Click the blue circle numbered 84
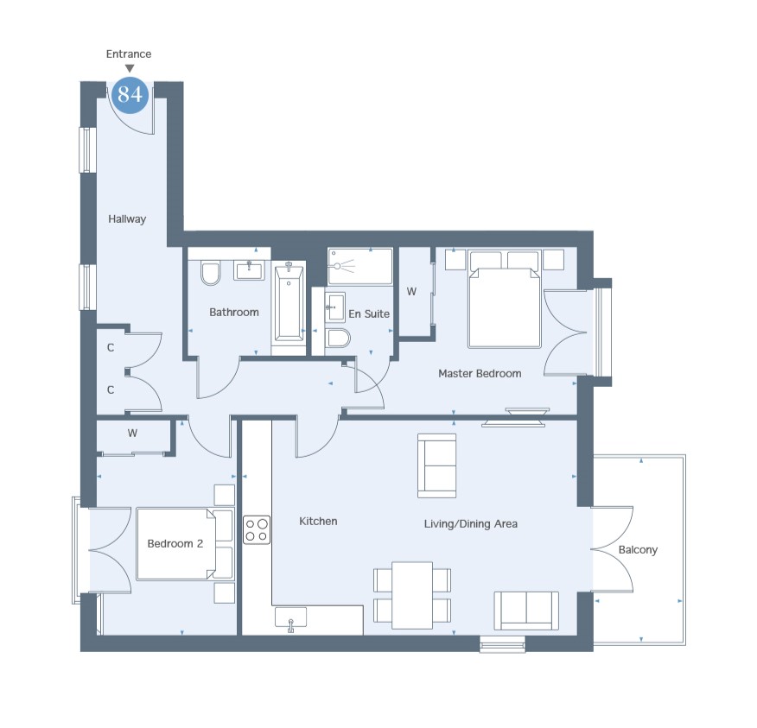pyautogui.click(x=130, y=94)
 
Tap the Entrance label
pyautogui.click(x=129, y=54)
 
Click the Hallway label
pyautogui.click(x=127, y=219)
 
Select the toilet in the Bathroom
pyautogui.click(x=211, y=273)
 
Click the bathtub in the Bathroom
pyautogui.click(x=289, y=302)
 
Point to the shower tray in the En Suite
pyautogui.click(x=360, y=266)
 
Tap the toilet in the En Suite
pyautogui.click(x=338, y=338)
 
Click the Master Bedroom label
pyautogui.click(x=480, y=373)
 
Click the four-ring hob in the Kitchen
pyautogui.click(x=257, y=529)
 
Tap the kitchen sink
pyautogui.click(x=290, y=618)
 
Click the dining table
pyautogui.click(x=412, y=595)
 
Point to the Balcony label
pyautogui.click(x=638, y=550)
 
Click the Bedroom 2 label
pyautogui.click(x=175, y=544)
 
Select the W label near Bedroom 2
pyautogui.click(x=132, y=434)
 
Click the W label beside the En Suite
pyautogui.click(x=411, y=291)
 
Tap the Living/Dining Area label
pyautogui.click(x=471, y=524)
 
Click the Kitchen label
pyautogui.click(x=318, y=521)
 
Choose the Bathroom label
pyautogui.click(x=234, y=312)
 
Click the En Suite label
pyautogui.click(x=369, y=314)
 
